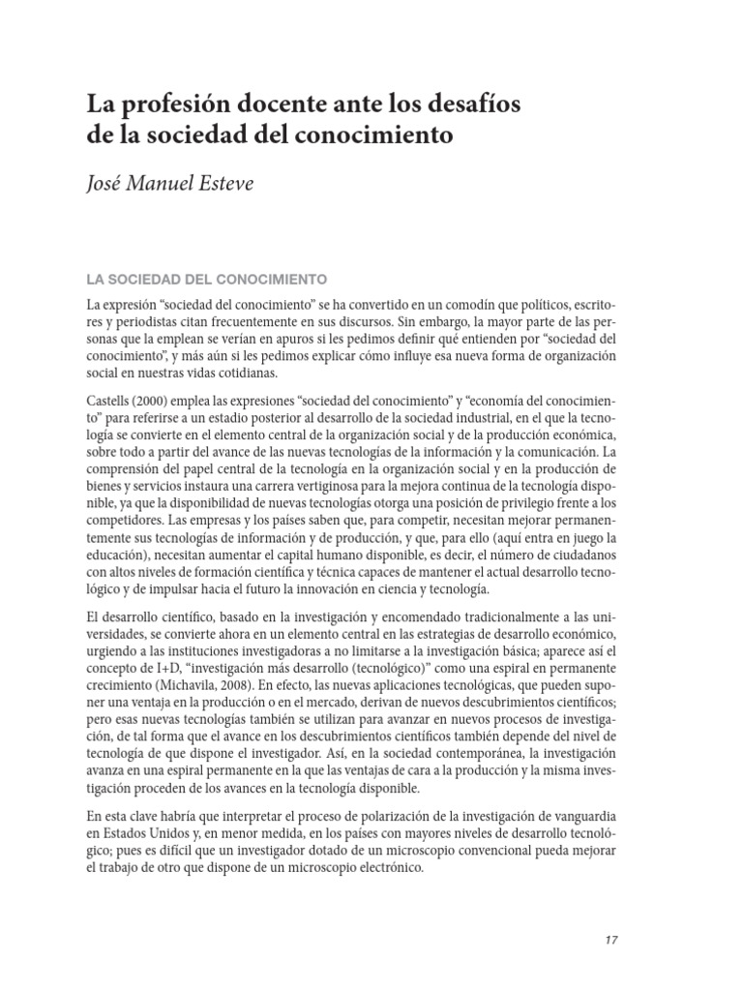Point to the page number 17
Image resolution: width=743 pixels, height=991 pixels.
click(610, 940)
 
